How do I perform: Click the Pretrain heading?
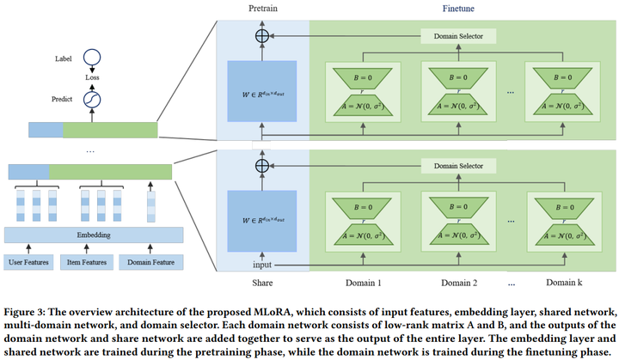pyautogui.click(x=262, y=8)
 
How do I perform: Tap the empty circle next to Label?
pyautogui.click(x=91, y=58)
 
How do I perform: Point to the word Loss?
pyautogui.click(x=91, y=78)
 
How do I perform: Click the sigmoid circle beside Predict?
pyautogui.click(x=91, y=100)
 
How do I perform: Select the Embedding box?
pyautogui.click(x=94, y=235)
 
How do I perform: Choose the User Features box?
pyautogui.click(x=28, y=260)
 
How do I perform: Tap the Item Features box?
pyautogui.click(x=87, y=260)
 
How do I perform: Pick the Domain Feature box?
pyautogui.click(x=150, y=260)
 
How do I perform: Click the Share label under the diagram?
pyautogui.click(x=261, y=282)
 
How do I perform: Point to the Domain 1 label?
pyautogui.click(x=362, y=282)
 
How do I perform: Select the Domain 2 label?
pyautogui.click(x=458, y=282)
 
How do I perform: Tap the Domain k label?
pyautogui.click(x=563, y=282)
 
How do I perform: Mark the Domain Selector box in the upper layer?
pyautogui.click(x=457, y=37)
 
